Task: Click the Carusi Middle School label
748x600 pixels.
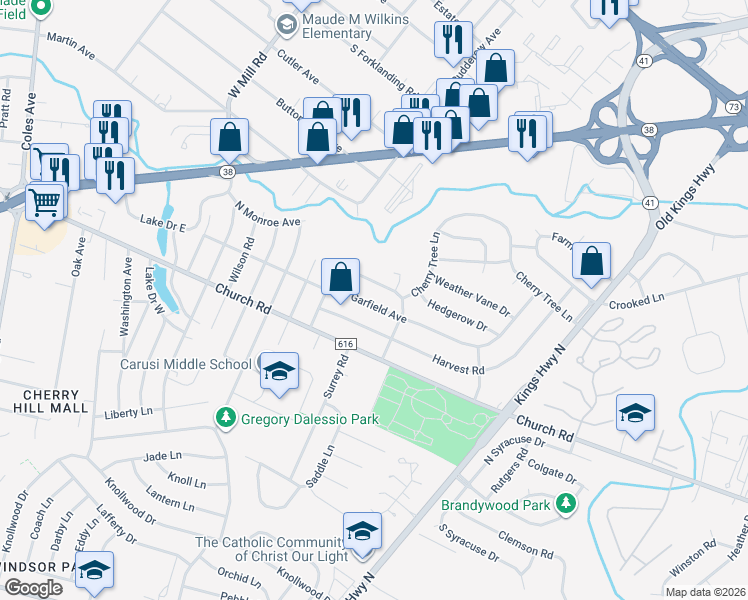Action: (x=187, y=363)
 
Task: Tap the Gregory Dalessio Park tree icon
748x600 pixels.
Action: (x=227, y=418)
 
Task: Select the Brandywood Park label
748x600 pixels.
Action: (x=496, y=505)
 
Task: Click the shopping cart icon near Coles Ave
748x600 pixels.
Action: (x=45, y=204)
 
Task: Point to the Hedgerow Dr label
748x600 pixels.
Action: (x=457, y=317)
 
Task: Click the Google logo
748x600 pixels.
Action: (x=33, y=588)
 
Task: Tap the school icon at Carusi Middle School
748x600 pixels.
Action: (x=279, y=371)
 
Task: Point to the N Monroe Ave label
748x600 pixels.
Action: (x=267, y=214)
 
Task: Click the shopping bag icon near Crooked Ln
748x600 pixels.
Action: (x=591, y=261)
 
